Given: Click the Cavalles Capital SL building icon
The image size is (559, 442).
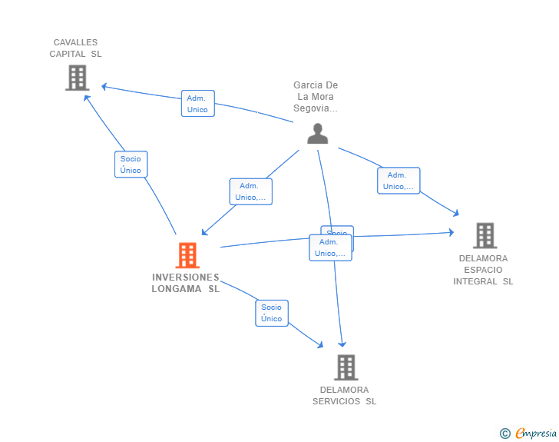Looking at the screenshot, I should (x=77, y=78).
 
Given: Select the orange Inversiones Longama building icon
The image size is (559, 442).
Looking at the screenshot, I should (x=187, y=255).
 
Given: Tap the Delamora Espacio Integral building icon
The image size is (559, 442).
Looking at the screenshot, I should (x=485, y=235).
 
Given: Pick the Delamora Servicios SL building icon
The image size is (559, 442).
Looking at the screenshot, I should (x=346, y=367).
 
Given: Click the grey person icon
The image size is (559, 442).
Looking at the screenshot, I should (x=317, y=134).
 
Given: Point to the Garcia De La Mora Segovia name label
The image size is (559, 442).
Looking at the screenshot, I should (x=316, y=97).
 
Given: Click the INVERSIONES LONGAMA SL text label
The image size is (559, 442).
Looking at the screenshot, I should (x=186, y=283).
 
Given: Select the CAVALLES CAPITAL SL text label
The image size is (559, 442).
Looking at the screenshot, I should (x=75, y=48).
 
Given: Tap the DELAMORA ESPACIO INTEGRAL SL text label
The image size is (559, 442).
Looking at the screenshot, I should (x=483, y=270).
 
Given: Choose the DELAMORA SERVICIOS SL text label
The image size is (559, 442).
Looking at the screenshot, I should (x=344, y=395).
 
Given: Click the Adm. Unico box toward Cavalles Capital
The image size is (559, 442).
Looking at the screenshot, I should (x=197, y=104).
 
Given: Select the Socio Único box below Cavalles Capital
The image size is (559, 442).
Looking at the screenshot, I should (x=131, y=165).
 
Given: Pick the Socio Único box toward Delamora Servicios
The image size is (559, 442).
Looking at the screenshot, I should (x=271, y=313).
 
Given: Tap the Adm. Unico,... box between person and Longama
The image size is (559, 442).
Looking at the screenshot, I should (x=250, y=191).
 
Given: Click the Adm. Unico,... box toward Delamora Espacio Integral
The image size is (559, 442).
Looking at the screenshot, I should (x=399, y=181).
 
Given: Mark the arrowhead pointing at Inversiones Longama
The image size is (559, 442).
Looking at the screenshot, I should (x=203, y=232).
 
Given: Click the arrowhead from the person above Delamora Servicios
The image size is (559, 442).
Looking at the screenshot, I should (x=342, y=344).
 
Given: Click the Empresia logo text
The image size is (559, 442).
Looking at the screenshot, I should (x=535, y=434).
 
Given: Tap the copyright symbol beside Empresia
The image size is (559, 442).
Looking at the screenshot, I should (x=504, y=434).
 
